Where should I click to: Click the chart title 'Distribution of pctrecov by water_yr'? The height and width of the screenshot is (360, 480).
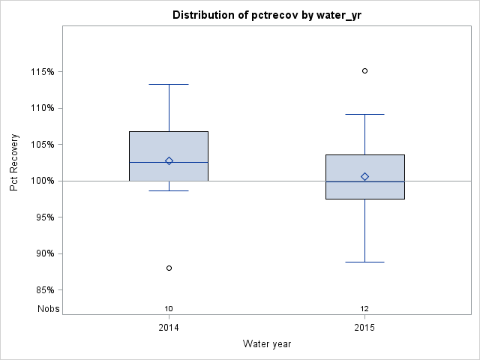[266, 15]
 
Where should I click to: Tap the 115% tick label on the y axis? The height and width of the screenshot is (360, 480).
[42, 72]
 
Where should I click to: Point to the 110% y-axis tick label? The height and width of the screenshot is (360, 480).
[42, 108]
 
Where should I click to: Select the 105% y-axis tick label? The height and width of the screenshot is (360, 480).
[42, 145]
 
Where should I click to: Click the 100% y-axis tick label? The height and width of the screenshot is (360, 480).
[42, 181]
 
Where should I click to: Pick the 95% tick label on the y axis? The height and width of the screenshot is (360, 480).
[44, 217]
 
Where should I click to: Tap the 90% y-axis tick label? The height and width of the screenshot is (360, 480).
[44, 253]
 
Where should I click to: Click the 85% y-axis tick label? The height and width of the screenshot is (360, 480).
[44, 290]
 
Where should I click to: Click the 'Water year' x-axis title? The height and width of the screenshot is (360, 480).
[266, 343]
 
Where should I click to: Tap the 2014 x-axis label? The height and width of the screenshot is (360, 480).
[169, 328]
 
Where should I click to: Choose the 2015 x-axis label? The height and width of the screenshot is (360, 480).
[364, 328]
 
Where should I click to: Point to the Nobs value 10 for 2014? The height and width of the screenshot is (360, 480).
[169, 308]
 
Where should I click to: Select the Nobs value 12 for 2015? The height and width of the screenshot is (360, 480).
[364, 308]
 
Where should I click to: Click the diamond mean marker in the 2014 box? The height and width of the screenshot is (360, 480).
[169, 160]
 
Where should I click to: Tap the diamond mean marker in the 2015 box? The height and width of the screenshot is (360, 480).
[364, 176]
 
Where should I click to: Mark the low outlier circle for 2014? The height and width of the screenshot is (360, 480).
[169, 268]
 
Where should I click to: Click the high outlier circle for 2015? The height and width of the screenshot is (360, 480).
[364, 70]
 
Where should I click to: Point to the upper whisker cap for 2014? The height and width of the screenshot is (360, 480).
[169, 85]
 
